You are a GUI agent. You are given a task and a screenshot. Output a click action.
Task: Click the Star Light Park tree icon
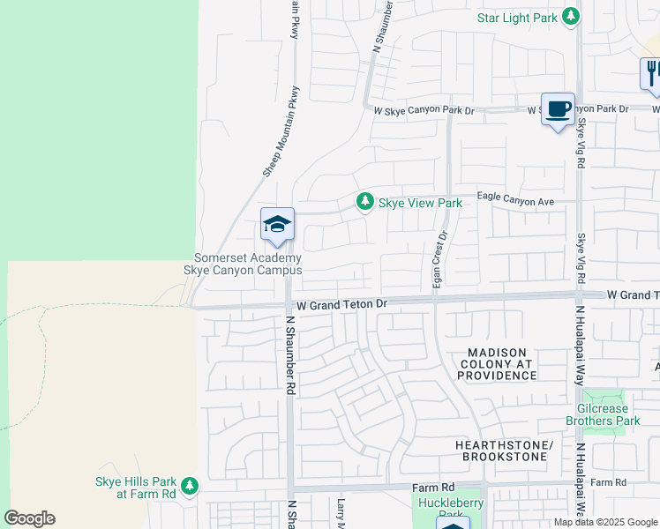[x=572, y=17]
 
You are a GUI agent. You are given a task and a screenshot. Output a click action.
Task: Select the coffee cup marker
[x=557, y=109]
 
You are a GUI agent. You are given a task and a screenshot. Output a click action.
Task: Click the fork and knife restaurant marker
[x=651, y=72]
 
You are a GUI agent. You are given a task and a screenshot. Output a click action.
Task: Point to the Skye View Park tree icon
[x=364, y=203]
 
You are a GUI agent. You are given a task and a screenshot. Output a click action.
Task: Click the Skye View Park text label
[x=420, y=203]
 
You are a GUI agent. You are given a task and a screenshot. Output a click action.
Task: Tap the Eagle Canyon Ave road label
[x=515, y=201]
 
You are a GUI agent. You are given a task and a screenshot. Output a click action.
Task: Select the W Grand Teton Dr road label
[x=342, y=303]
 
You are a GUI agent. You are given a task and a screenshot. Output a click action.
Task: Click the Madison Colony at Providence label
[x=496, y=364]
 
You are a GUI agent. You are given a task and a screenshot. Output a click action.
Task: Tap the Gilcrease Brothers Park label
[x=609, y=414]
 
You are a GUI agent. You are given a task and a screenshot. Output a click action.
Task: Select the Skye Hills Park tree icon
[x=188, y=485]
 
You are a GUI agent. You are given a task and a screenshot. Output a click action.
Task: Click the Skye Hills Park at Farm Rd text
[x=136, y=488]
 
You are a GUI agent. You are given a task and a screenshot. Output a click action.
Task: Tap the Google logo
[x=29, y=518]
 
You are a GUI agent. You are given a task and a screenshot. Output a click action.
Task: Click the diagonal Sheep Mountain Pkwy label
[x=282, y=131]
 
